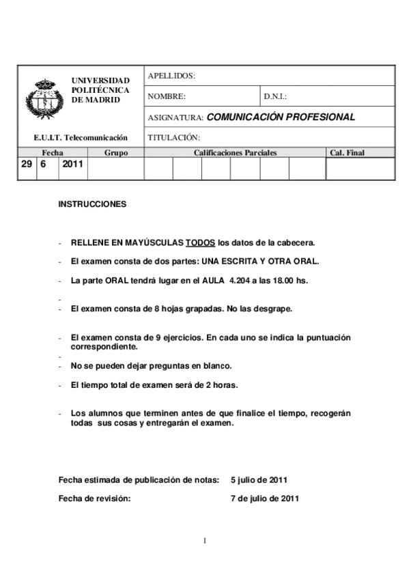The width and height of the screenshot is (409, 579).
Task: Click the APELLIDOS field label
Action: (x=171, y=76)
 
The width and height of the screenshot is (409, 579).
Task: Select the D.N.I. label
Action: (x=274, y=97)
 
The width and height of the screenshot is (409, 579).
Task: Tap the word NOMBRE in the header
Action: (x=166, y=97)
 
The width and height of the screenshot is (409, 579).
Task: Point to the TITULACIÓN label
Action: (x=173, y=137)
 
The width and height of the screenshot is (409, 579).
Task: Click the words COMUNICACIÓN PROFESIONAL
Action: (x=281, y=117)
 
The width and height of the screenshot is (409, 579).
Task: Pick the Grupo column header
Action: (x=116, y=153)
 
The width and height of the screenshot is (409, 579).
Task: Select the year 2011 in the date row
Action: (x=72, y=165)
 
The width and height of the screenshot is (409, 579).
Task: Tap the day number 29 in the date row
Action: (x=26, y=165)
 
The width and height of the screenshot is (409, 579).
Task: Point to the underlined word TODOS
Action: (x=201, y=242)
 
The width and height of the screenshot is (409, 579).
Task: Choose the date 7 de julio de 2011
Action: (x=265, y=498)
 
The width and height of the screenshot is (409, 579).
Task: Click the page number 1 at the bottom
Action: (x=204, y=541)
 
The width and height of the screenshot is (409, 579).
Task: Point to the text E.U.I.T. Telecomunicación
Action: (x=81, y=137)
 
